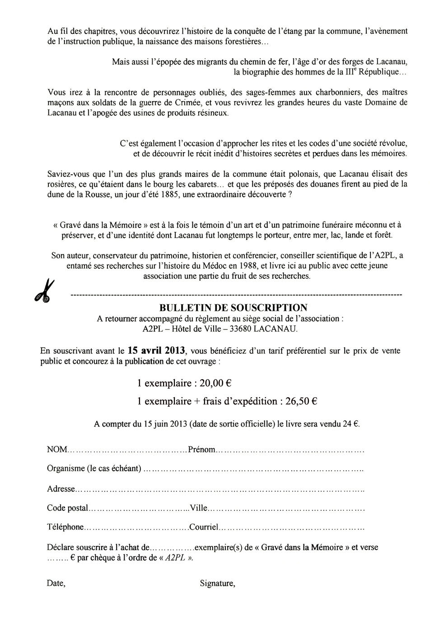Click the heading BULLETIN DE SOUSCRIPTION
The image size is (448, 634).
click(x=233, y=308)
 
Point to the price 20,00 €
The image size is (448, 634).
click(x=216, y=384)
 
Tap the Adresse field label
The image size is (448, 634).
click(x=61, y=489)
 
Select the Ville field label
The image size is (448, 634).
click(x=198, y=508)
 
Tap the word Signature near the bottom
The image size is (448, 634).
click(x=217, y=583)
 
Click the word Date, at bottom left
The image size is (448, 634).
click(x=56, y=583)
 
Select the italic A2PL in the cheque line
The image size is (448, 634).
click(x=175, y=558)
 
